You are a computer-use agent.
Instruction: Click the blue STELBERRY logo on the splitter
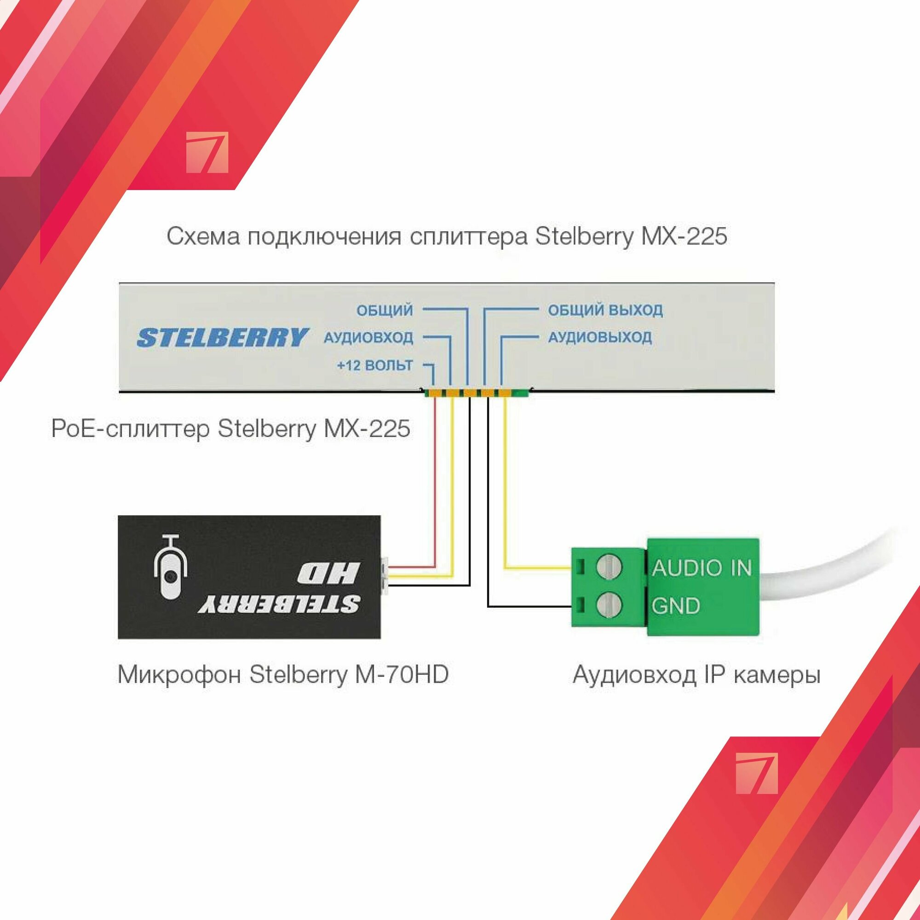pyautogui.click(x=222, y=337)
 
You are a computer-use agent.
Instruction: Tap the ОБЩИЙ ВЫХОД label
pyautogui.click(x=605, y=310)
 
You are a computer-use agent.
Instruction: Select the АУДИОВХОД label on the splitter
pyautogui.click(x=368, y=338)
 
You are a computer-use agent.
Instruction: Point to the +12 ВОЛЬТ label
pyautogui.click(x=375, y=366)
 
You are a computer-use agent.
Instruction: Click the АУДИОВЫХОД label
pyautogui.click(x=599, y=338)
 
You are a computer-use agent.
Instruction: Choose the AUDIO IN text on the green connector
pyautogui.click(x=701, y=568)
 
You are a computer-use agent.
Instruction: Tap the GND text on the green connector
pyautogui.click(x=676, y=606)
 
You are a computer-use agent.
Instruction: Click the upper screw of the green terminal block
pyautogui.click(x=609, y=567)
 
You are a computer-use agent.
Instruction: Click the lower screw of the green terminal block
pyautogui.click(x=609, y=605)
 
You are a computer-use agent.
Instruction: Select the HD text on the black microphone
pyautogui.click(x=328, y=573)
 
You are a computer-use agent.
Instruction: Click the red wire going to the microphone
pyautogui.click(x=434, y=486)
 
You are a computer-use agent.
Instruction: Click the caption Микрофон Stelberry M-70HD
pyautogui.click(x=283, y=675)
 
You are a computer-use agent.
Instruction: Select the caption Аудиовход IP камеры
pyautogui.click(x=696, y=675)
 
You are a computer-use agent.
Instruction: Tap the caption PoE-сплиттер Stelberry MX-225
pyautogui.click(x=230, y=429)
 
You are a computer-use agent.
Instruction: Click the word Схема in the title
pyautogui.click(x=203, y=236)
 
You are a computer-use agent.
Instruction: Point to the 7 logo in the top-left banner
pyautogui.click(x=207, y=152)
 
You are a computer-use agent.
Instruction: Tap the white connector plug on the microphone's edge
pyautogui.click(x=385, y=576)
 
